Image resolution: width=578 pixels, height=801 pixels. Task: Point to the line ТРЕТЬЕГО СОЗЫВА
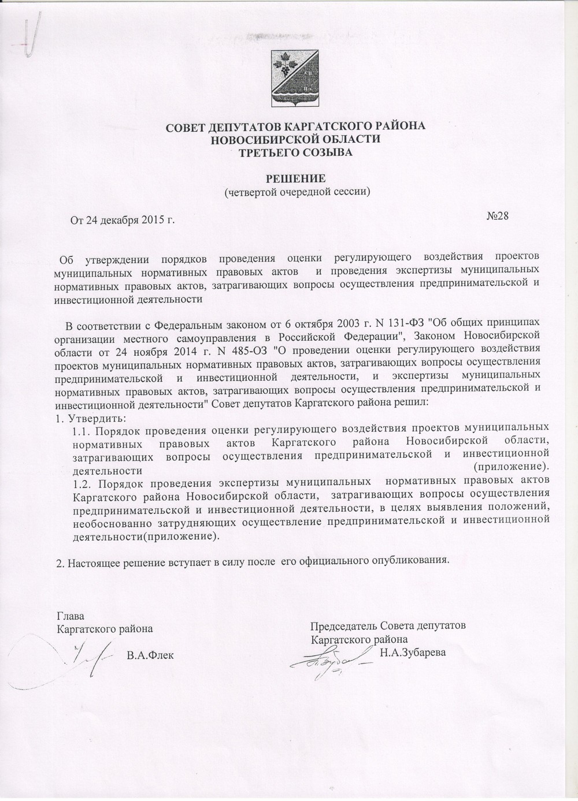click(x=295, y=152)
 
